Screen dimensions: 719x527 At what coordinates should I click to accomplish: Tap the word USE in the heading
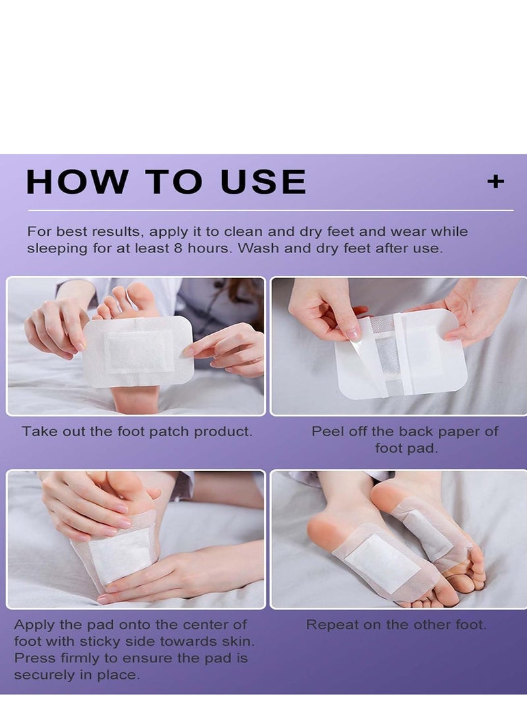pyautogui.click(x=263, y=182)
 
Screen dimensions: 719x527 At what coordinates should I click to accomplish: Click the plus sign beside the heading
pyautogui.click(x=495, y=181)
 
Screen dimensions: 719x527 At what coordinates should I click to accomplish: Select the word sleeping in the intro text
pyautogui.click(x=56, y=248)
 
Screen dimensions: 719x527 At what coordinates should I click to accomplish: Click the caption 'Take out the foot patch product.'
pyautogui.click(x=137, y=432)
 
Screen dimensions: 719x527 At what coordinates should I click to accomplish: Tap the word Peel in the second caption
pyautogui.click(x=327, y=432)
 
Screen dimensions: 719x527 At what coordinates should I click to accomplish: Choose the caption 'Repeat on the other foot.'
pyautogui.click(x=396, y=624)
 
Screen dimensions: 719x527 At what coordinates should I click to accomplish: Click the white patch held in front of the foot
pyautogui.click(x=138, y=351)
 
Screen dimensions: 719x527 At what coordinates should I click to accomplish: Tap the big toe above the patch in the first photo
pyautogui.click(x=142, y=300)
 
